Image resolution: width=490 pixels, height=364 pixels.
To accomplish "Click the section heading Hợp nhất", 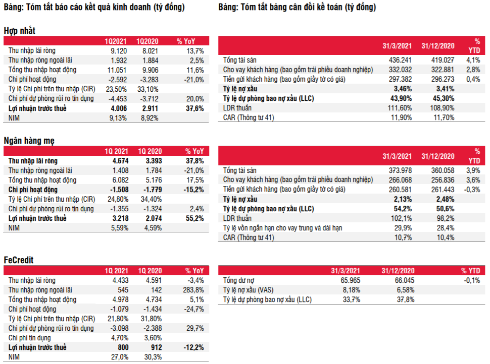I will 20,31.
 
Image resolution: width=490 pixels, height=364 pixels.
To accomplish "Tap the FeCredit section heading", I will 19,260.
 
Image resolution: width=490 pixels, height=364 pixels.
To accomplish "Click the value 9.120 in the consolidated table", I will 121,50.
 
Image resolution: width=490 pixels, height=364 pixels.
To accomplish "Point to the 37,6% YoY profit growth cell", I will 195,108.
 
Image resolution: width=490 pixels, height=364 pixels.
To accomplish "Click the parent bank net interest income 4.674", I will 121,161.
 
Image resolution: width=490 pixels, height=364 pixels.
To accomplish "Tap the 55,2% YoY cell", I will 195,218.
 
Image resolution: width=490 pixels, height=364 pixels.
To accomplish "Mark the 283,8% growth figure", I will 194,290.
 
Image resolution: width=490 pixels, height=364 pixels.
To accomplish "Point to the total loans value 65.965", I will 350,280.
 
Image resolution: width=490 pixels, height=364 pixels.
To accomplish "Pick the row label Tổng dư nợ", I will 240,280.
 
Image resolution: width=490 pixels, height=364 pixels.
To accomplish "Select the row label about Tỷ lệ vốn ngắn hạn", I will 282,228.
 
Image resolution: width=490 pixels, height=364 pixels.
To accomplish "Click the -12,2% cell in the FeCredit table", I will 194,347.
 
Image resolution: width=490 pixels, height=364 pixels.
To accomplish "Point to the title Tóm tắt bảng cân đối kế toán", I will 297,8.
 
